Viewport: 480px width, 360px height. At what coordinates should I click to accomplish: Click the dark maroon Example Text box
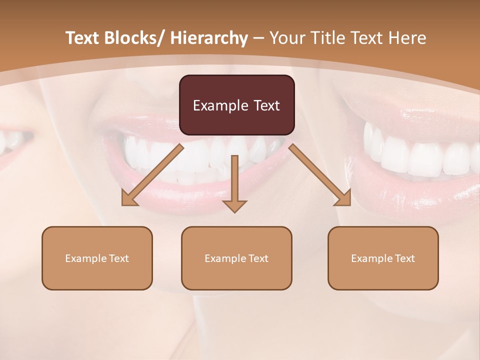(236, 105)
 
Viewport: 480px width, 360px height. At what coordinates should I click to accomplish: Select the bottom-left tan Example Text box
(97, 258)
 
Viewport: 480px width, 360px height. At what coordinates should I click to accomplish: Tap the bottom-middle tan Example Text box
(236, 258)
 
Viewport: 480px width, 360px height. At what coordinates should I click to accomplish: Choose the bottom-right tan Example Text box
(383, 258)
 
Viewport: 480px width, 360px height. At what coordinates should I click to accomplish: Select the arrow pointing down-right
(317, 172)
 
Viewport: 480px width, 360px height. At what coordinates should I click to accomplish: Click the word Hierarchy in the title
(209, 38)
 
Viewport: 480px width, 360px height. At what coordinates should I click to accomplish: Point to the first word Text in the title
(83, 38)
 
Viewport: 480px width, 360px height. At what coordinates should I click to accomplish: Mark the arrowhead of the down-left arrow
(128, 199)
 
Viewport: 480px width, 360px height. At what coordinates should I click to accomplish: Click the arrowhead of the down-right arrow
(343, 198)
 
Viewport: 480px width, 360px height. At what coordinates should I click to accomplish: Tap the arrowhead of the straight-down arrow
(234, 206)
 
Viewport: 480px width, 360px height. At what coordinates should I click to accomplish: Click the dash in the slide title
(258, 38)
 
